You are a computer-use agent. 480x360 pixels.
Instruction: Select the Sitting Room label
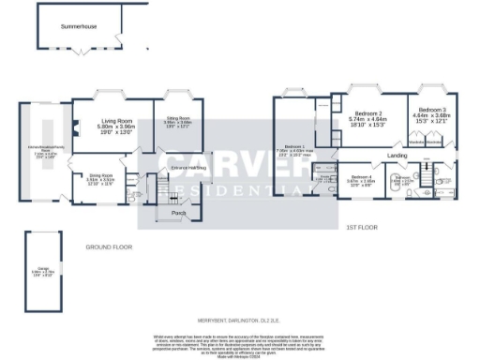click(177, 118)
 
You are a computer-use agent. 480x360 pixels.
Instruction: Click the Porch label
click(178, 213)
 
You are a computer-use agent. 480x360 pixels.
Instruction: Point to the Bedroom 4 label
click(361, 176)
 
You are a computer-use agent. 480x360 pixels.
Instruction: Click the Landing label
click(397, 155)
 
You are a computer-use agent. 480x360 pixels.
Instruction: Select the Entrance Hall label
click(188, 168)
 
